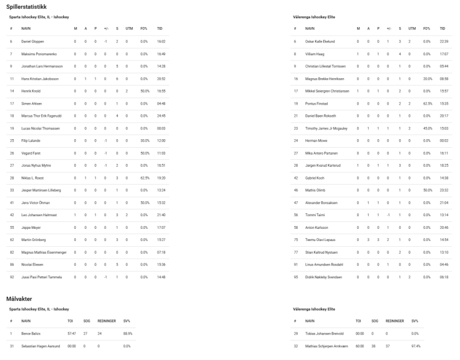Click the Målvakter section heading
click(20, 299)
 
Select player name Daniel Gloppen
click(33, 41)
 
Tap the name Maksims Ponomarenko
click(38, 54)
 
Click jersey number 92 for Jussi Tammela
click(11, 277)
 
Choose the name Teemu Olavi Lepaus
click(321, 240)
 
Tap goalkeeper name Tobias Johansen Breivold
click(325, 334)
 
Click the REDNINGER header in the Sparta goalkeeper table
click(107, 320)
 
